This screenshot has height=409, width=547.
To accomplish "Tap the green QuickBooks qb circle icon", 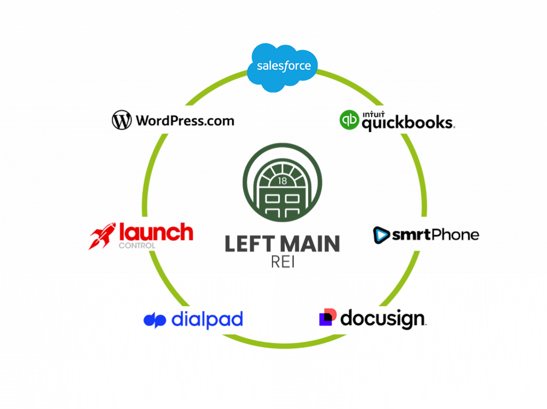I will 349,119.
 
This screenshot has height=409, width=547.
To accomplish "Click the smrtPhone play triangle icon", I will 381,235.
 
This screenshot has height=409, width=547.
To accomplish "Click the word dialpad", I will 207,319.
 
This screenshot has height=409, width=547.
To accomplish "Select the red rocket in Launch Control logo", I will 102,236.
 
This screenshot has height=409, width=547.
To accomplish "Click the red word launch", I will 155,232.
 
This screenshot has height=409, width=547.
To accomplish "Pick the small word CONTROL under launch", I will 137,246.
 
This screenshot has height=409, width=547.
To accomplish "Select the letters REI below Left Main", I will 282,263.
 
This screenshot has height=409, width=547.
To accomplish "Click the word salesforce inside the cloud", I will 283,67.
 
